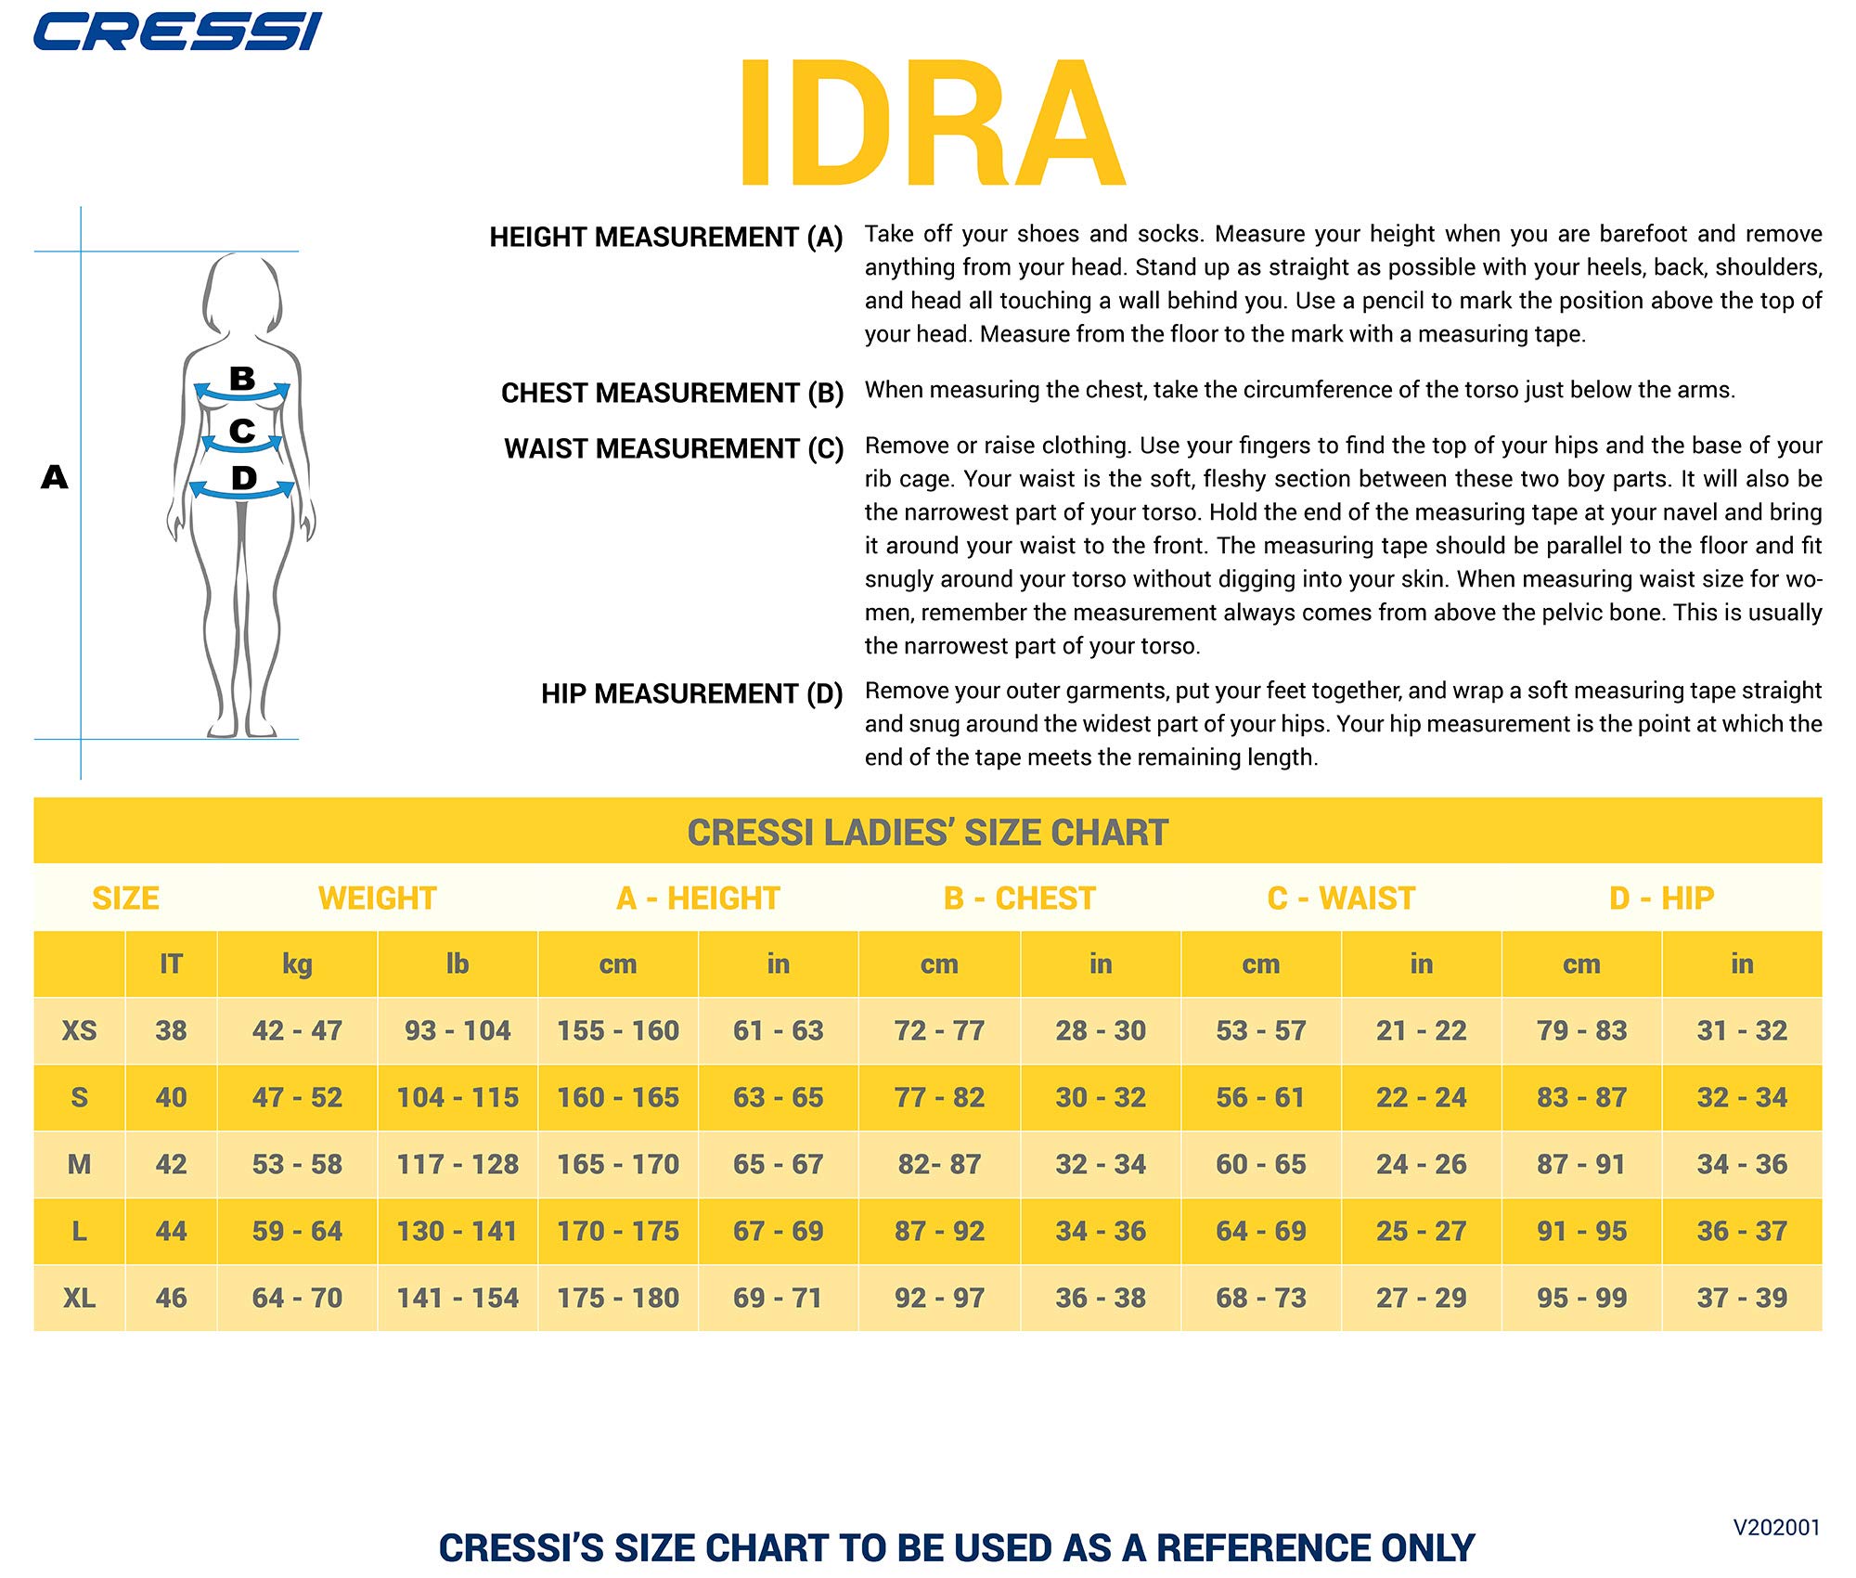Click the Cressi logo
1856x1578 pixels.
[x=176, y=32]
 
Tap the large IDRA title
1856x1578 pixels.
[x=931, y=123]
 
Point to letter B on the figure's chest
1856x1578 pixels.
[x=242, y=379]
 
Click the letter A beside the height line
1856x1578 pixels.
[x=55, y=477]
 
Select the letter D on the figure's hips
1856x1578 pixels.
[x=243, y=478]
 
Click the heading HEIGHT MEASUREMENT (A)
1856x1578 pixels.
[x=665, y=238]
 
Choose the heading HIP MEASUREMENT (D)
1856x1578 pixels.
[x=691, y=694]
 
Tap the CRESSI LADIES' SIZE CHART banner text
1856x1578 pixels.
[x=927, y=833]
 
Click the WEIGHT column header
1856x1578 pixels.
[x=377, y=899]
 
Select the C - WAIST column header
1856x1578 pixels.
[x=1341, y=899]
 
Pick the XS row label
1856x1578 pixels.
[x=79, y=1030]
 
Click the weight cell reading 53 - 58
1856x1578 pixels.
[x=297, y=1164]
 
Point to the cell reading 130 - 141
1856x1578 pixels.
[x=457, y=1231]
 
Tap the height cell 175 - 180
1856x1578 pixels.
[x=618, y=1298]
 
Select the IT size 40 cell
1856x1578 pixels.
[x=171, y=1097]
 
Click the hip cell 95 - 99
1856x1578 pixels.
[x=1581, y=1298]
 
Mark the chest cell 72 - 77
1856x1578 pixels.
[x=939, y=1030]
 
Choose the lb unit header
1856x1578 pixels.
[x=457, y=964]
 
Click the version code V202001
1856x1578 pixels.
[x=1776, y=1528]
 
